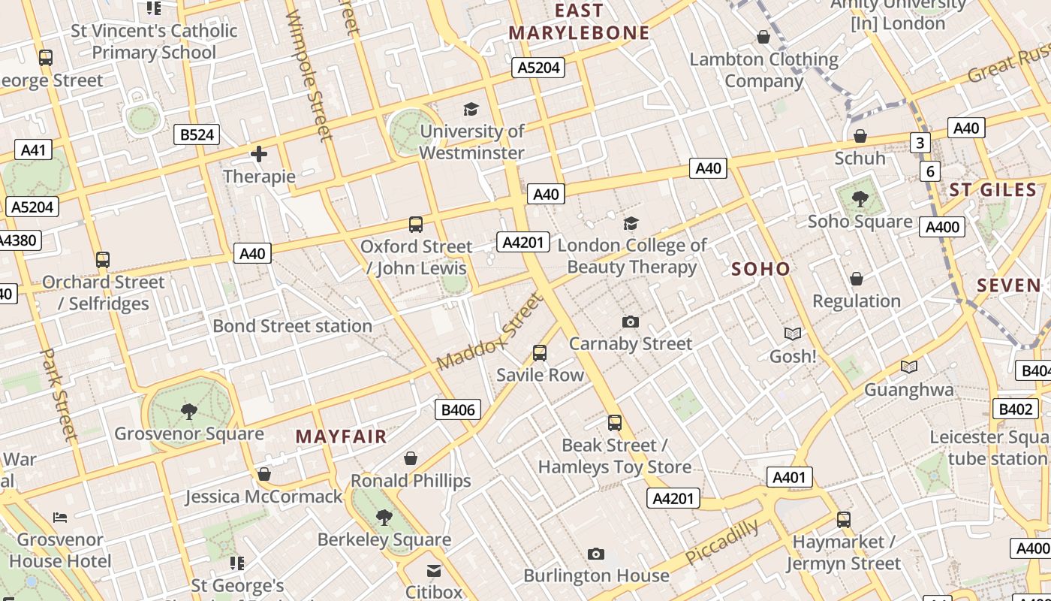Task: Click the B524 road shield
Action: coord(197,134)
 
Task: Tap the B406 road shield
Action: coord(458,409)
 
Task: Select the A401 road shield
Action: coord(789,477)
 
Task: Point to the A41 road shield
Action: coord(33,149)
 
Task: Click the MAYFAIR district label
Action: coord(341,436)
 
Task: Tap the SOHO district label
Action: coord(760,269)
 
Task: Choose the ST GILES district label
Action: coord(992,190)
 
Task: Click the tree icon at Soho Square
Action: coord(860,199)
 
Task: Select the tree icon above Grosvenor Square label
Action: coord(188,411)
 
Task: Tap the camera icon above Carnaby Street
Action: coord(631,322)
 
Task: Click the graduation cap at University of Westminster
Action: coord(471,110)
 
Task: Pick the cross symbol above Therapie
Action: coord(259,155)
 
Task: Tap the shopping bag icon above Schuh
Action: coord(860,136)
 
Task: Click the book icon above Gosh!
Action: coord(793,334)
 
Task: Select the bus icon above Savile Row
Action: coord(539,352)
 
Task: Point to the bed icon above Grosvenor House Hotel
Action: coord(60,517)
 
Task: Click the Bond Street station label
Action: coord(292,326)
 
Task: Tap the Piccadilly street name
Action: coord(722,542)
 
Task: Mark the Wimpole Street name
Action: coord(309,75)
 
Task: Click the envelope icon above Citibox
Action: coord(434,571)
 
